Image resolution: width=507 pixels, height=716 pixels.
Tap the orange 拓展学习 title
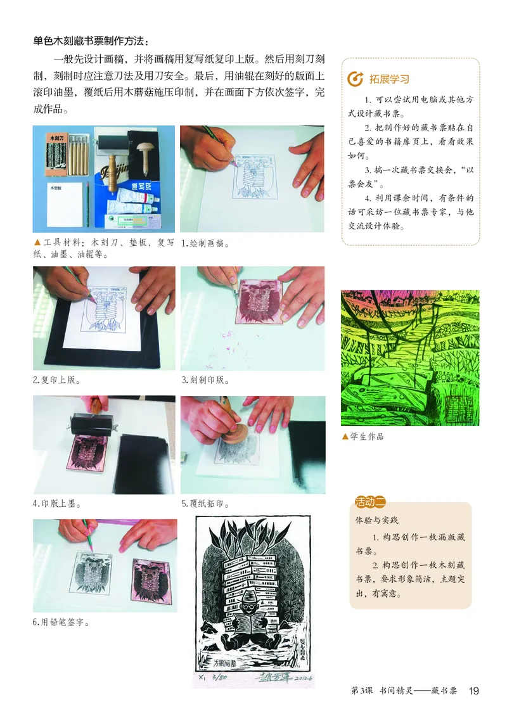pos(389,79)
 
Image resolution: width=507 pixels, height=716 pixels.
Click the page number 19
pos(474,690)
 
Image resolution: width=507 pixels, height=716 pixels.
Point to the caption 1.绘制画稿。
pos(205,243)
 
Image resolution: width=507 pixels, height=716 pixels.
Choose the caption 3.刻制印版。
pos(205,380)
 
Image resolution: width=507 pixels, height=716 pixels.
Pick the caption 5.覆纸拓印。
pos(205,504)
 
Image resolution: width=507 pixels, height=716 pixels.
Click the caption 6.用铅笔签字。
pos(61,622)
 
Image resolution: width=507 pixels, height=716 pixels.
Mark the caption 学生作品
pos(366,437)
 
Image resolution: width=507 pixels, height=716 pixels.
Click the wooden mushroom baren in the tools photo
pos(139,155)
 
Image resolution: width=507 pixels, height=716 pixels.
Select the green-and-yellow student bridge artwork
pos(410,358)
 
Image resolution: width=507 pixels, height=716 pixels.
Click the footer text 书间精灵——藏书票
pos(418,690)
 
